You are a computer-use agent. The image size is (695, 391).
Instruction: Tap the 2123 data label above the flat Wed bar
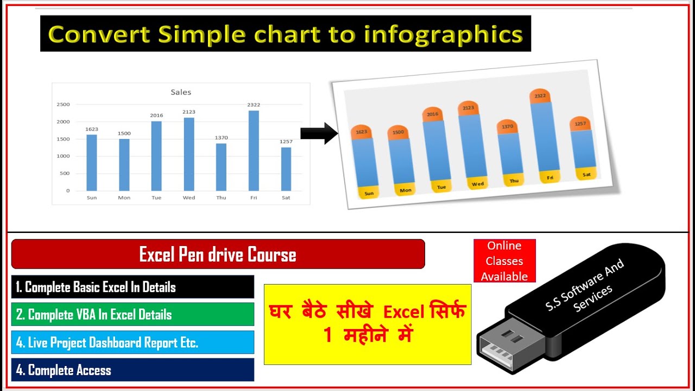(189, 112)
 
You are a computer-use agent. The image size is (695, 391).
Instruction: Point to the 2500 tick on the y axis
(64, 104)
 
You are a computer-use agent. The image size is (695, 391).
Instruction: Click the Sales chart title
(181, 92)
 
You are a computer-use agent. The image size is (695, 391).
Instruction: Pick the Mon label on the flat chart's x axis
(124, 198)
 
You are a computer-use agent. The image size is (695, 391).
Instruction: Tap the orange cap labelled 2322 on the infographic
(540, 97)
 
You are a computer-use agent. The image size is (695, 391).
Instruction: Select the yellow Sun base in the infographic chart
(369, 192)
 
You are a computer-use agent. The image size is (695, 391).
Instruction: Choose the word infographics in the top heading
(443, 34)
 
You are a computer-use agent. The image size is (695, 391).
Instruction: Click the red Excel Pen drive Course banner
(218, 254)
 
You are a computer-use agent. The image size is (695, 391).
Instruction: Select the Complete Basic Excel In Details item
(132, 287)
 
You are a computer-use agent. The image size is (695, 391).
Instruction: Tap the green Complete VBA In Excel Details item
(132, 314)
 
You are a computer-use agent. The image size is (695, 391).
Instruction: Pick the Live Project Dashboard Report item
(132, 343)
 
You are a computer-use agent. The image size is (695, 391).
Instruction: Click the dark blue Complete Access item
(132, 370)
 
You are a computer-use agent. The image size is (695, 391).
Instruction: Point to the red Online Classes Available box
(504, 261)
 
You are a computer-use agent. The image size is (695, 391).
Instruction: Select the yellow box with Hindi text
(368, 324)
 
